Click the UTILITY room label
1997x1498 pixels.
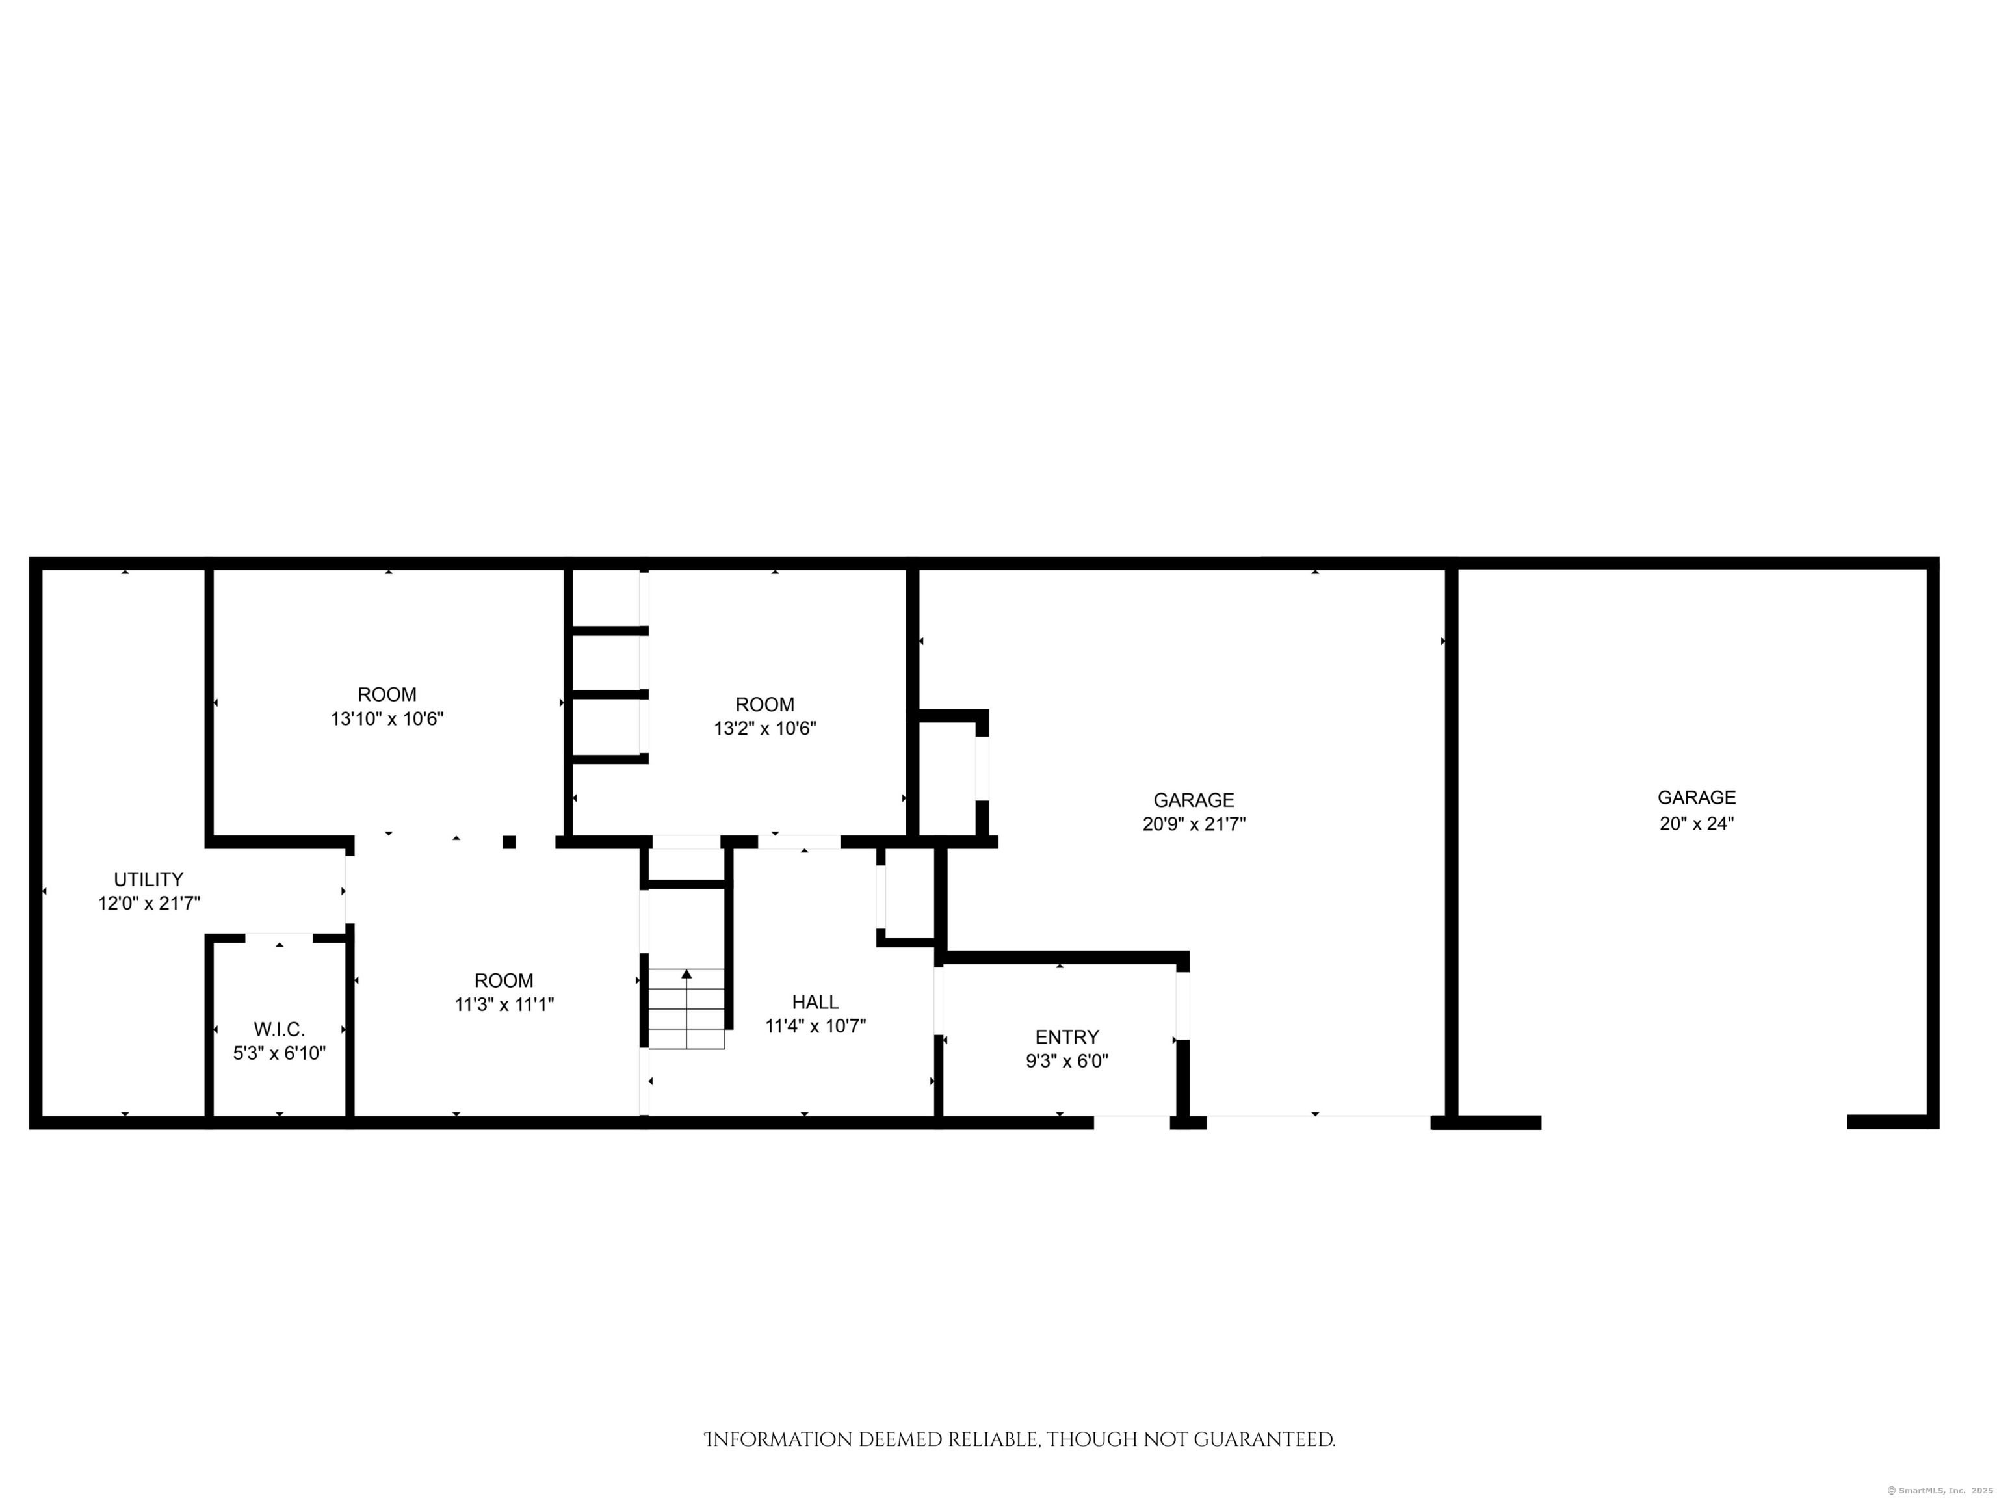click(x=148, y=878)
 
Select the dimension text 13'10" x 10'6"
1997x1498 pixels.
click(x=387, y=718)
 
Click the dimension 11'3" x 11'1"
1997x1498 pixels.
click(x=504, y=1004)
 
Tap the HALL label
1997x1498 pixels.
click(x=815, y=1001)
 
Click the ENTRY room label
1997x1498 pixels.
click(x=1067, y=1036)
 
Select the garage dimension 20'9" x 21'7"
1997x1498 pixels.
click(x=1194, y=824)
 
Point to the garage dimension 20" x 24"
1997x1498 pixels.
click(x=1697, y=822)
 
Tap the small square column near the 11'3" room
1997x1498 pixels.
click(x=509, y=843)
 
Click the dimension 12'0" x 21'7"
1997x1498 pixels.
click(x=149, y=902)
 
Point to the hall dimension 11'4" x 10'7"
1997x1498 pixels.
click(x=815, y=1026)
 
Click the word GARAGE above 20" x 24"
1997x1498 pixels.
click(x=1697, y=797)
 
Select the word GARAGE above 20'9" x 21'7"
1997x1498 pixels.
click(x=1194, y=800)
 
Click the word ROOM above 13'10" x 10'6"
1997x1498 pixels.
click(x=387, y=694)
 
